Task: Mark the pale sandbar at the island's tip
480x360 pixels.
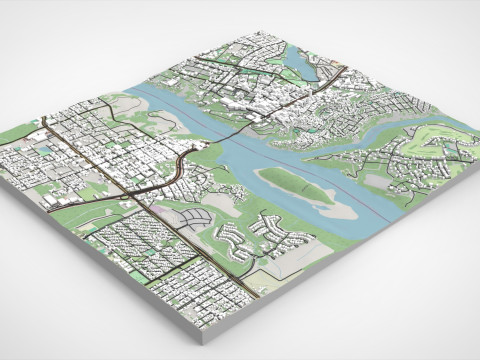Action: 340,209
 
